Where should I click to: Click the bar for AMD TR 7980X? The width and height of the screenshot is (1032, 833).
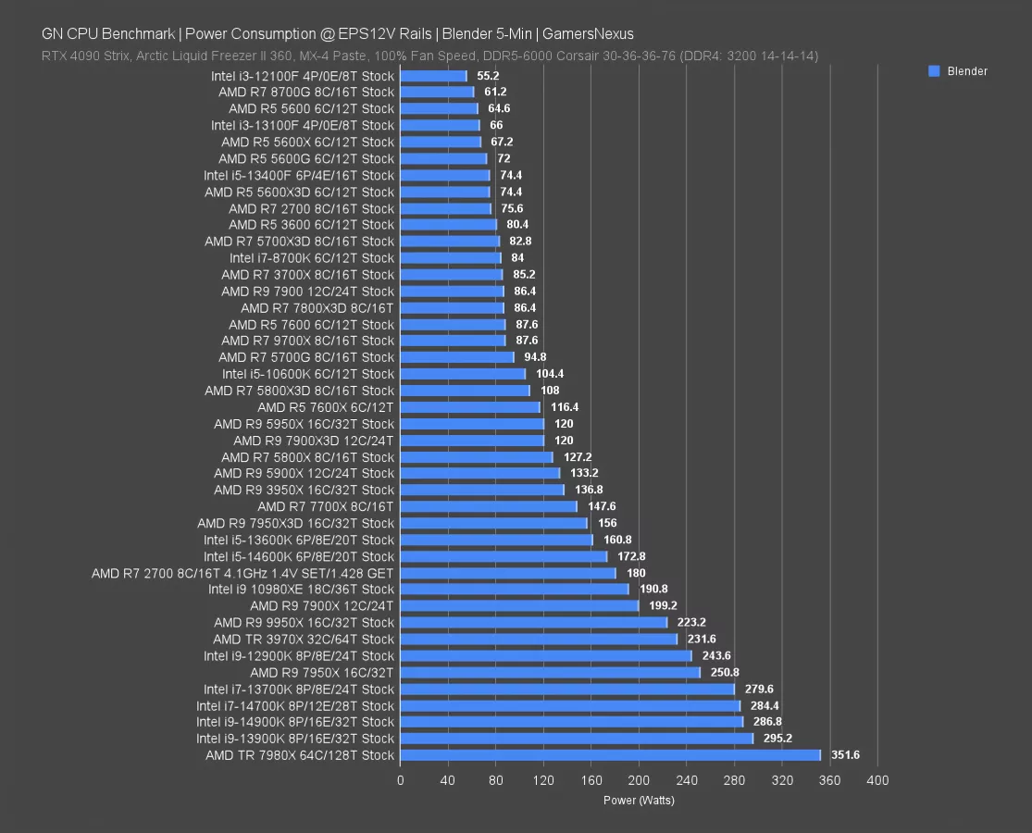(610, 755)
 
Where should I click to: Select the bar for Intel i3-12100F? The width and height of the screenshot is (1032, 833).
(433, 76)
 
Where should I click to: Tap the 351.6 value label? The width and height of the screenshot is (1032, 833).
(845, 755)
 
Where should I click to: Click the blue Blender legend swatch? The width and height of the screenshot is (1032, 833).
(934, 71)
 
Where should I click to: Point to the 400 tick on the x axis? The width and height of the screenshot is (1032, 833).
(877, 780)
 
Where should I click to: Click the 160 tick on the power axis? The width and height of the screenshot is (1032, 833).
(591, 780)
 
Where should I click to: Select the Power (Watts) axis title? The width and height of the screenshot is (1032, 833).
(639, 800)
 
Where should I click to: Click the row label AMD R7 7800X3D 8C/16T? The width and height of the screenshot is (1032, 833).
(317, 308)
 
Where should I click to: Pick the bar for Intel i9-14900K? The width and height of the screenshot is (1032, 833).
(571, 722)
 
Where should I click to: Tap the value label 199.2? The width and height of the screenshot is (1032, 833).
(663, 606)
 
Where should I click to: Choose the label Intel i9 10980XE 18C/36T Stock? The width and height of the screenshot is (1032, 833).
(301, 590)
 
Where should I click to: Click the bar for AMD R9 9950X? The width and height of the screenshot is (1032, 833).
(533, 623)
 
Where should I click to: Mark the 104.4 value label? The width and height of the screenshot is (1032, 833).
(550, 374)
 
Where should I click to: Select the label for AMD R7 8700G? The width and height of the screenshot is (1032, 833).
(306, 93)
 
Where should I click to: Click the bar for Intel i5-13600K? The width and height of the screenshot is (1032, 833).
(496, 540)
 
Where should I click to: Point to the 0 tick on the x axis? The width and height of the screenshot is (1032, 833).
(400, 780)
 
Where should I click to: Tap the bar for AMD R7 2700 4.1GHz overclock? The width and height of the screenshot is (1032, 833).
(507, 573)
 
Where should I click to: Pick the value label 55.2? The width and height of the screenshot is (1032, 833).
(488, 76)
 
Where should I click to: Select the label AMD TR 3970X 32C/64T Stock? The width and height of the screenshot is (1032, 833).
(304, 640)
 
